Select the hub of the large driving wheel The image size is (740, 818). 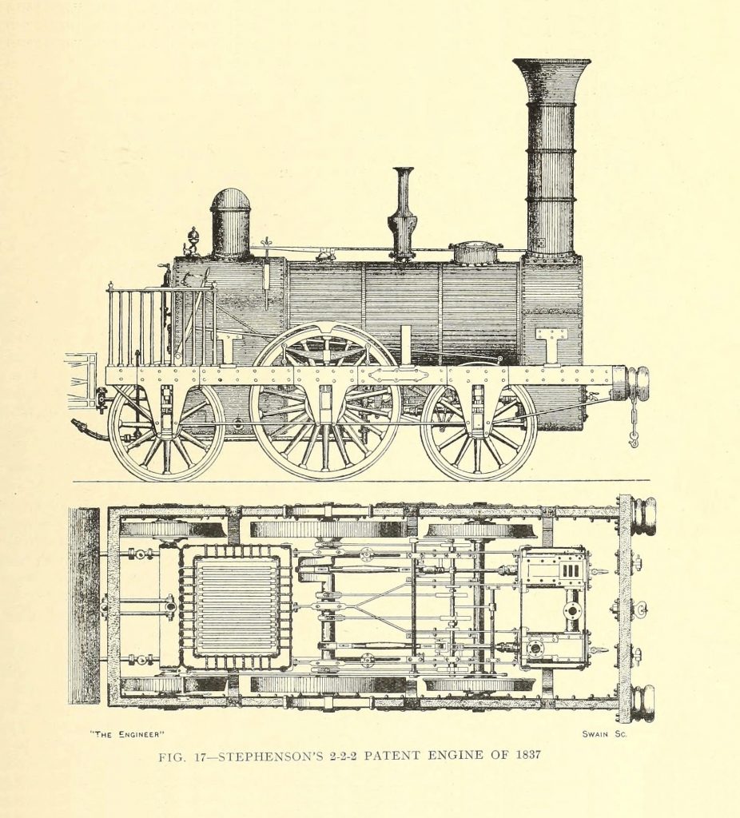[325, 403]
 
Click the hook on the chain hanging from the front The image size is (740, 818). [634, 440]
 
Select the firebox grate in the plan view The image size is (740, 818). [236, 606]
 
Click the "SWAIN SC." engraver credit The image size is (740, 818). [604, 733]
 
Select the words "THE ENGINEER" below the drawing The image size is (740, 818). [127, 734]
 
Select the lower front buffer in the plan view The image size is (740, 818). [642, 703]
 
